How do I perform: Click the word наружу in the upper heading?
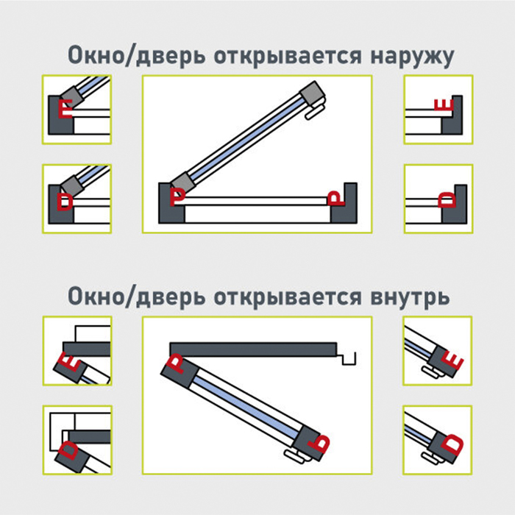[412, 56]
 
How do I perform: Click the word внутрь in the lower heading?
[411, 297]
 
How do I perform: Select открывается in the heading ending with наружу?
[288, 56]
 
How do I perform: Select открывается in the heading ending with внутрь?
[288, 297]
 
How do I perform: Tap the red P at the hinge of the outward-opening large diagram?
[177, 196]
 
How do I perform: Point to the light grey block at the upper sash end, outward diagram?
[312, 93]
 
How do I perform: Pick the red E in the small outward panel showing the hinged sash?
[65, 108]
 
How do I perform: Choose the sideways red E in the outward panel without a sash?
[444, 104]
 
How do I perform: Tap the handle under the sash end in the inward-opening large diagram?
[295, 457]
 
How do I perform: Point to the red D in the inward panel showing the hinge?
[68, 450]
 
